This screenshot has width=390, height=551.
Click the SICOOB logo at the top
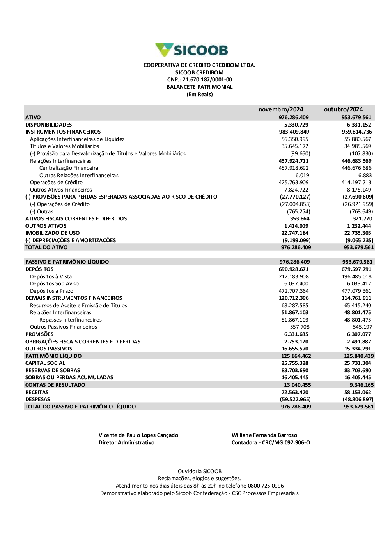click(x=191, y=50)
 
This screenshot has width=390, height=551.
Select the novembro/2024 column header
click(x=280, y=109)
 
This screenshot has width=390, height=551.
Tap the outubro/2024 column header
click(x=343, y=109)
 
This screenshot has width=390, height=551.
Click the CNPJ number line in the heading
click(x=199, y=80)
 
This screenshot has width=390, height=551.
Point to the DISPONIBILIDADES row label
click(x=49, y=125)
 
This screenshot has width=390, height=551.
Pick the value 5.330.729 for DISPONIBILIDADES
click(x=296, y=125)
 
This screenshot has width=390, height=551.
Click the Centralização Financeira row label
click(x=69, y=168)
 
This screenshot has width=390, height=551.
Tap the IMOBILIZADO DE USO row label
click(x=52, y=233)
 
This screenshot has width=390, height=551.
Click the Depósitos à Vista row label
click(x=51, y=276)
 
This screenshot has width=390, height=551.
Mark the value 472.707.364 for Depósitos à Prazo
click(x=293, y=291)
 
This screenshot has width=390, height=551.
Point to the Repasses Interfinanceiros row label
click(x=70, y=320)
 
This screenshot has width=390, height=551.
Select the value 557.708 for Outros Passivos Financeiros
click(x=300, y=327)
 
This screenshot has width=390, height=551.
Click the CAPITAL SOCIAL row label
click(x=45, y=363)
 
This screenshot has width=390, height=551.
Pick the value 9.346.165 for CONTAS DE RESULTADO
click(x=362, y=385)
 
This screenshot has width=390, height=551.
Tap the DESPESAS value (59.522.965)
click(x=295, y=399)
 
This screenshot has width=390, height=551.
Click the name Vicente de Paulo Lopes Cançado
click(x=138, y=435)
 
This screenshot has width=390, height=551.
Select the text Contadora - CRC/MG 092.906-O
click(x=271, y=443)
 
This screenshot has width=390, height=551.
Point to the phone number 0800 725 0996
click(x=266, y=486)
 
